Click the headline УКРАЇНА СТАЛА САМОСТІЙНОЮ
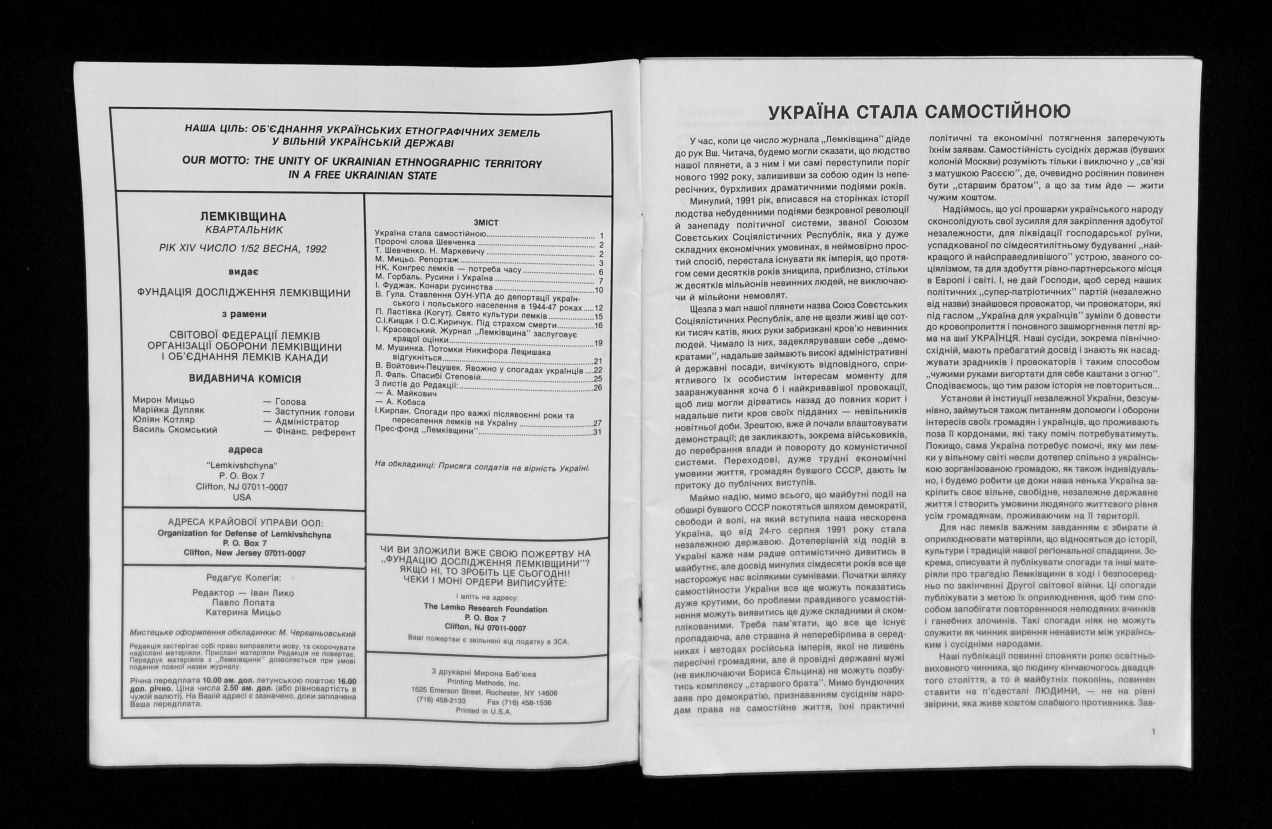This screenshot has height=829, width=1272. pyautogui.click(x=919, y=112)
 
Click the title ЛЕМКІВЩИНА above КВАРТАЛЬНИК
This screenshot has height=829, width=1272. pyautogui.click(x=243, y=217)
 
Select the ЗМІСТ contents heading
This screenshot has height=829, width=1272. pyautogui.click(x=486, y=223)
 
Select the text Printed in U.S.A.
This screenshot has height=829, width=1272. pyautogui.click(x=484, y=711)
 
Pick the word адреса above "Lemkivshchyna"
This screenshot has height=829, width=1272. pyautogui.click(x=245, y=450)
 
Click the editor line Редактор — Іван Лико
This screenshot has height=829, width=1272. pyautogui.click(x=243, y=593)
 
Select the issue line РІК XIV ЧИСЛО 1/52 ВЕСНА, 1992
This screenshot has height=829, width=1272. pyautogui.click(x=243, y=249)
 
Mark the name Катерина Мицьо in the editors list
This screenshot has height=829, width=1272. pyautogui.click(x=243, y=612)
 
